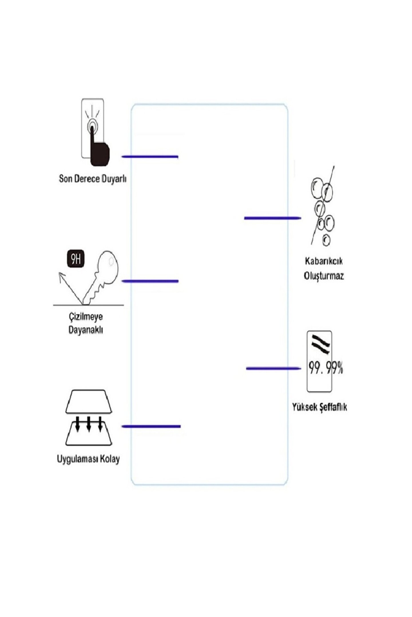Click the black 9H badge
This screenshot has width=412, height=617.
click(76, 259)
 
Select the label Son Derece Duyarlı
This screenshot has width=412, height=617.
click(92, 179)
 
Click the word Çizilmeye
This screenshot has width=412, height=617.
click(86, 317)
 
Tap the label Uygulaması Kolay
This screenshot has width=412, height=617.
click(88, 459)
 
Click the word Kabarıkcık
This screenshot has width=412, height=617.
click(324, 261)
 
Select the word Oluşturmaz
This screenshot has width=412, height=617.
click(324, 276)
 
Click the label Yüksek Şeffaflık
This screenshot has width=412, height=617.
click(319, 407)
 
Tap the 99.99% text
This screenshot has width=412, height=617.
click(325, 368)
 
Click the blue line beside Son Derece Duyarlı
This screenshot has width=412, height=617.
click(150, 157)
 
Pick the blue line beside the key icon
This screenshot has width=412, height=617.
click(150, 281)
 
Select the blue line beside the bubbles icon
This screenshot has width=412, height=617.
click(272, 218)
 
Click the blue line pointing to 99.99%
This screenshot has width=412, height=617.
click(273, 368)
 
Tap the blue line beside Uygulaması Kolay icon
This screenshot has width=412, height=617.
click(151, 426)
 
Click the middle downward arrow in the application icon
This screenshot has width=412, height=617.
click(89, 423)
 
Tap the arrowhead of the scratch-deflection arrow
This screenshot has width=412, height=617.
click(61, 275)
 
